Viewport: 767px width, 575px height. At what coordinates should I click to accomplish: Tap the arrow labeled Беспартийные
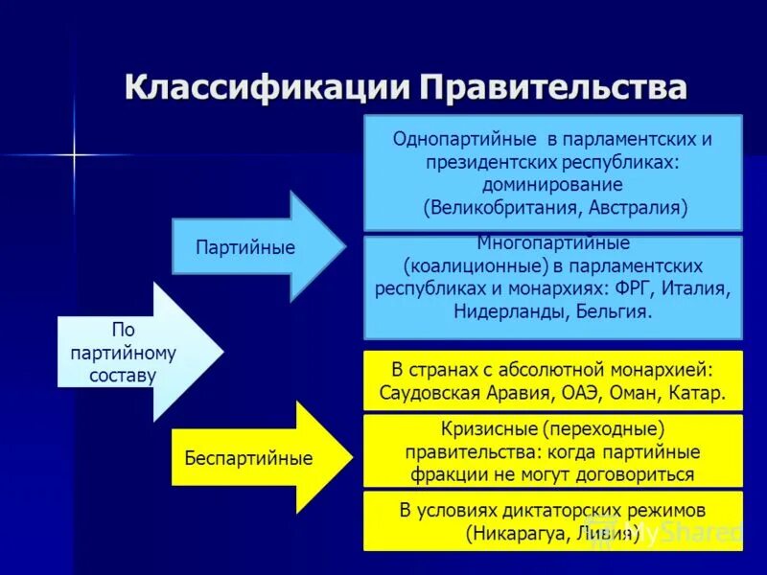(251, 458)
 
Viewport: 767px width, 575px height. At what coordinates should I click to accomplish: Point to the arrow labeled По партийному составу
(129, 353)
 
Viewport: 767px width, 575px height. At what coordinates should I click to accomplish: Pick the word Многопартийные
(553, 243)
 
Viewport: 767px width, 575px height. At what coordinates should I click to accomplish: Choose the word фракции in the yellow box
(441, 473)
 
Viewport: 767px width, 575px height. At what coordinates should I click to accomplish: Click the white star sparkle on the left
(73, 153)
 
